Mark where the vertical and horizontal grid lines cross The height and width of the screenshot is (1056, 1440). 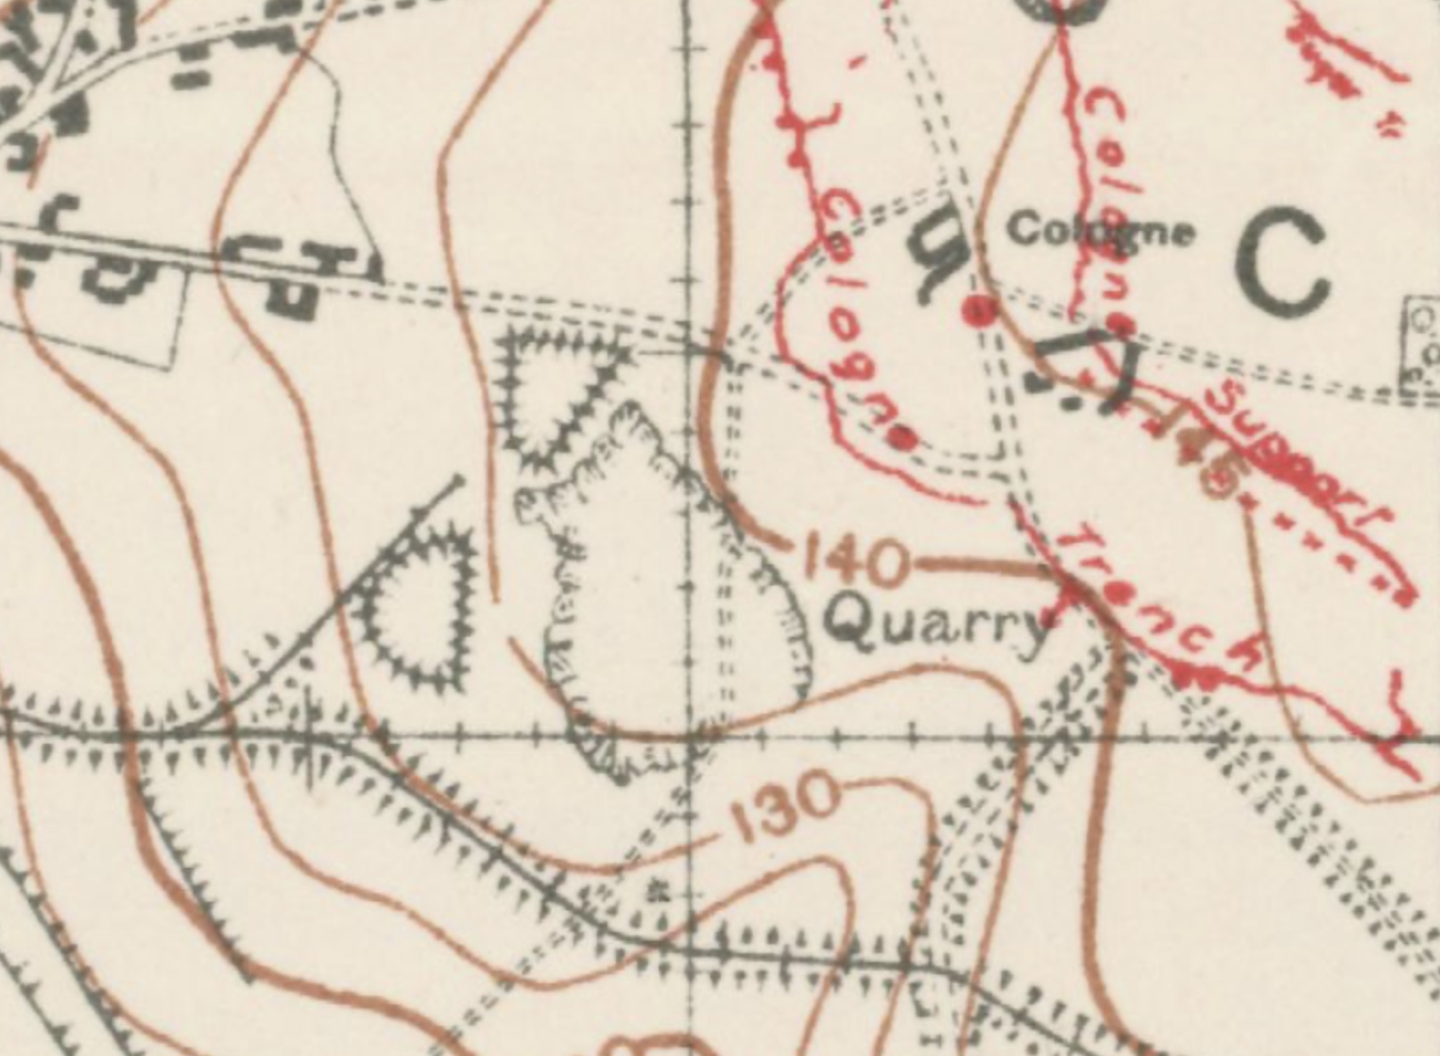pyautogui.click(x=691, y=736)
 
